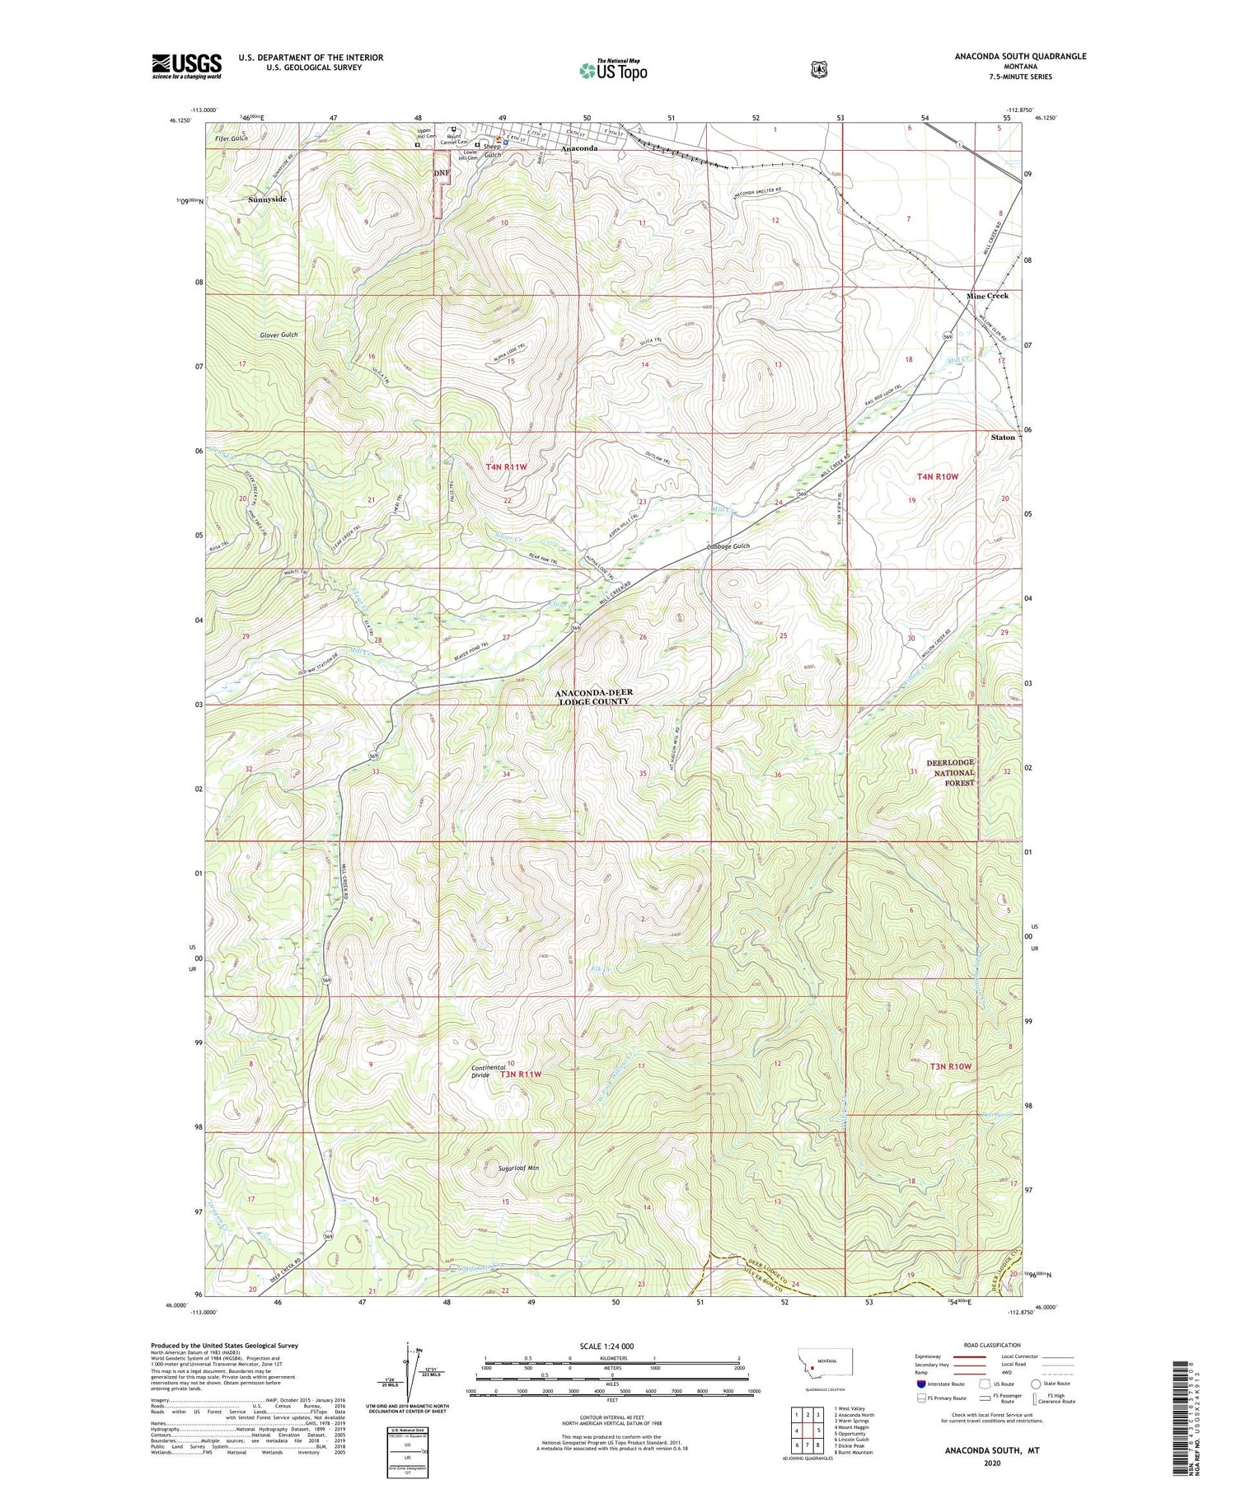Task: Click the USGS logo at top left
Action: [186, 66]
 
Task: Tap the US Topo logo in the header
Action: [613, 70]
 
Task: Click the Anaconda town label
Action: [579, 148]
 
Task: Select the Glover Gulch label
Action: [278, 335]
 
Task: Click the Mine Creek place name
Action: [987, 296]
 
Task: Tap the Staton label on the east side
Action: [1002, 437]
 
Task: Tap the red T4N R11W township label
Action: [506, 466]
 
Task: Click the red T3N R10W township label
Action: [951, 1065]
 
